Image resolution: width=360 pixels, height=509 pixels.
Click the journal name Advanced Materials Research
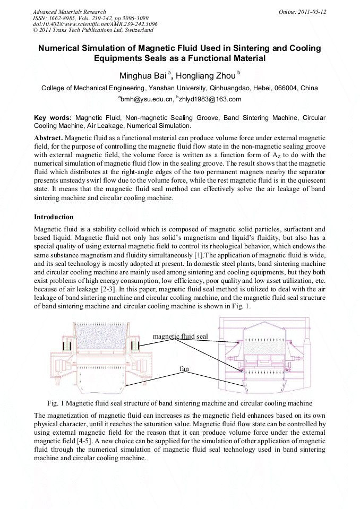[69, 12]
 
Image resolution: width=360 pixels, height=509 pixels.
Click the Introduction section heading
[54, 217]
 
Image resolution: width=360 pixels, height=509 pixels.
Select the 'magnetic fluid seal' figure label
[180, 336]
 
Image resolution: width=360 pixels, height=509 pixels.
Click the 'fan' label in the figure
[184, 368]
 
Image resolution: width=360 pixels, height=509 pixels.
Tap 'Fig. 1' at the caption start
[55, 403]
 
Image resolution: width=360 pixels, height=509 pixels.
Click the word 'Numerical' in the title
[63, 48]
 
